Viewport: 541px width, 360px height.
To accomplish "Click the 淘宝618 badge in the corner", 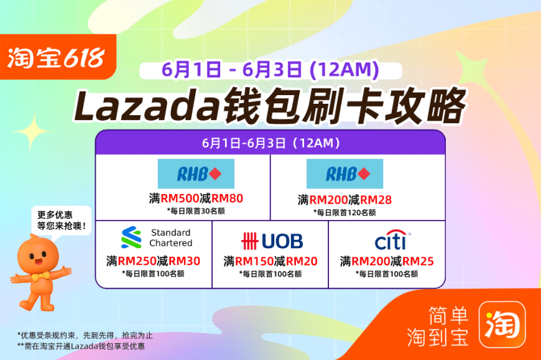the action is pos(58,57).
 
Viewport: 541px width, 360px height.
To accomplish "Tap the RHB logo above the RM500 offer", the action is pos(196,174).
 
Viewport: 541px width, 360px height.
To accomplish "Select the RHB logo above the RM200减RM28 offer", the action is pos(344,174).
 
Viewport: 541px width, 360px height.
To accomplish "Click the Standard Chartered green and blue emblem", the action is pos(131,238).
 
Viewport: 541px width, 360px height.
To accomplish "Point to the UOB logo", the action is pos(272,241).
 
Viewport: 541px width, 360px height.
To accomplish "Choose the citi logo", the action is pos(392,239).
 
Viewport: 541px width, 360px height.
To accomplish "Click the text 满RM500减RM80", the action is pos(196,198).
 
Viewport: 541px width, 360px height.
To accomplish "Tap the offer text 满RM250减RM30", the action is pos(153,261).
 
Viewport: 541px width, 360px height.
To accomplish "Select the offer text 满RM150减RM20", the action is pos(270,261).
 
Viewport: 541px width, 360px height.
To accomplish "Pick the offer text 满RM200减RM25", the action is pos(387,261).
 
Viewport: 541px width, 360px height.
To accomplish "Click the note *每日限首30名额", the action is pos(196,211).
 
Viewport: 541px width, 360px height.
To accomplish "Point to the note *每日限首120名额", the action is pos(344,213).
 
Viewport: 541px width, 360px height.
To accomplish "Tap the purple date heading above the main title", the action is pos(270,70).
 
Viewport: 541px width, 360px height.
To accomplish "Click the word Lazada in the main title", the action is pos(147,106).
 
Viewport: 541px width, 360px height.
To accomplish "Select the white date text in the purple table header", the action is pos(270,143).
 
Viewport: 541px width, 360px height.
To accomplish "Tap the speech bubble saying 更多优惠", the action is pos(61,221).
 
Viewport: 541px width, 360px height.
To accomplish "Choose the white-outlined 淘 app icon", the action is pos(502,325).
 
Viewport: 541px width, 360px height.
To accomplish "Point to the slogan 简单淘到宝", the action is pos(438,326).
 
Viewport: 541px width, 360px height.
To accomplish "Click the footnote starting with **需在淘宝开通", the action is pos(81,346).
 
